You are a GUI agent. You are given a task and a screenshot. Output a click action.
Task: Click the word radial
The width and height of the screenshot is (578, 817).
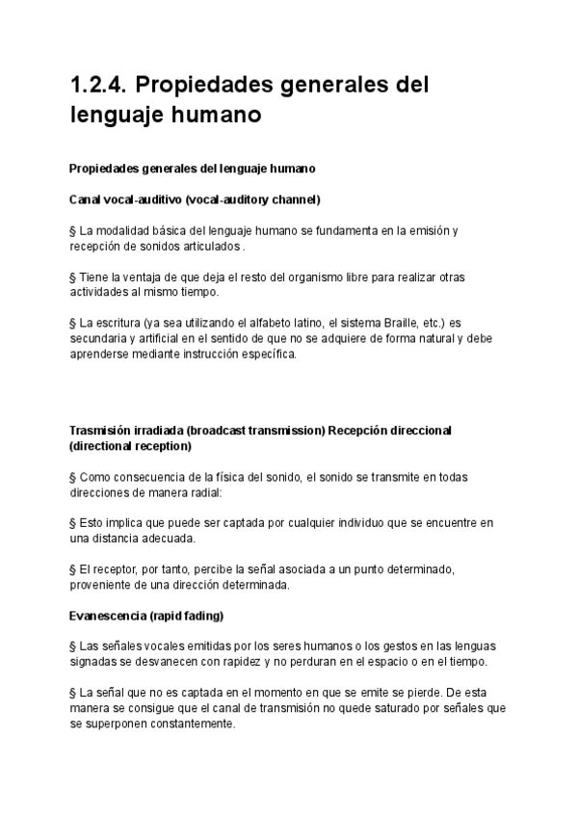(x=201, y=492)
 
